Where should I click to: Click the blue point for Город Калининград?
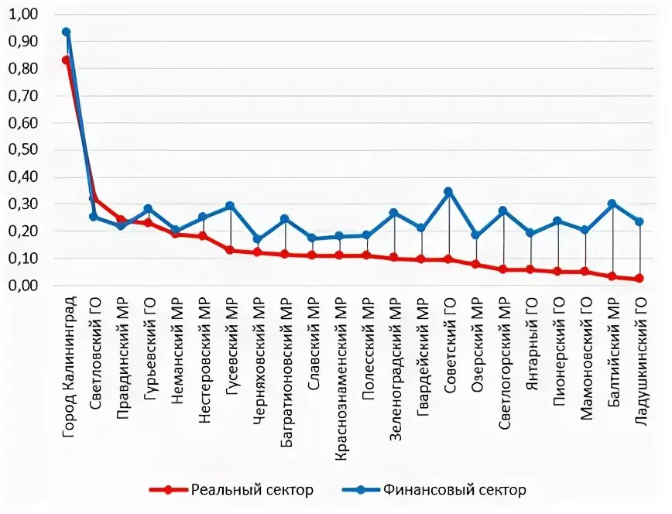pos(67,33)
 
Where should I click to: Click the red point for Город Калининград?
pos(67,60)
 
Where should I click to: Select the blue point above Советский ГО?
pos(448,191)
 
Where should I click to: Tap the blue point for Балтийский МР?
pos(612,204)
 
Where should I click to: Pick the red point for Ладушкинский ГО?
pos(639,278)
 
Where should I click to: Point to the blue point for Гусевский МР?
pos(230,206)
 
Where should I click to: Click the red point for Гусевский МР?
pos(230,250)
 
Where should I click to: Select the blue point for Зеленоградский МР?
pos(394,213)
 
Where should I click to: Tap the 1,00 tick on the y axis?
pos(26,15)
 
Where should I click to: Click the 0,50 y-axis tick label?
pos(26,150)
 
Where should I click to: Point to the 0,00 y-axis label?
pos(26,286)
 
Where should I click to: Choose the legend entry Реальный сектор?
pos(232,490)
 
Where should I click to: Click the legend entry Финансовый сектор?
pos(434,490)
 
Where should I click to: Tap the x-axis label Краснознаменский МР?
pos(341,375)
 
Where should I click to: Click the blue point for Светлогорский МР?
pos(503,211)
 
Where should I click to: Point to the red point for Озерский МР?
pos(476,265)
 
